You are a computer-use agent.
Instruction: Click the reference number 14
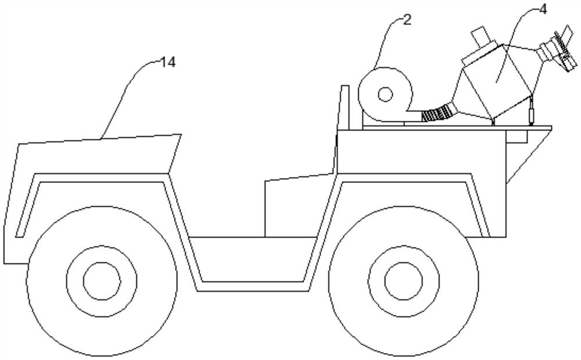pyautogui.click(x=167, y=62)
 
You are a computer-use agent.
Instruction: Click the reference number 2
pyautogui.click(x=407, y=20)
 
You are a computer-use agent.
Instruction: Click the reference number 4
pyautogui.click(x=543, y=10)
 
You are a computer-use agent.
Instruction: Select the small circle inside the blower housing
pyautogui.click(x=385, y=93)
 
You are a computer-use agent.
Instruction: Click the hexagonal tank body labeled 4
pyautogui.click(x=497, y=81)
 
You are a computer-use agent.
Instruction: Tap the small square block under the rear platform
pyautogui.click(x=517, y=136)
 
